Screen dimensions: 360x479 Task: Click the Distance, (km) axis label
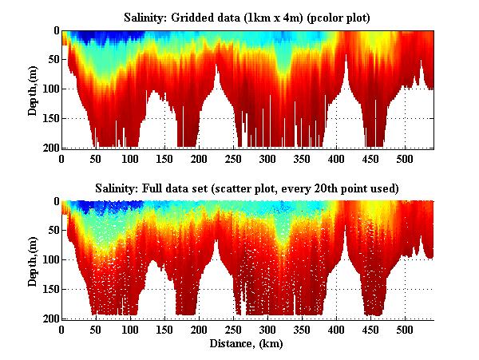(x=247, y=344)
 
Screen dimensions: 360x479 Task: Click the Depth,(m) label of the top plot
(x=34, y=89)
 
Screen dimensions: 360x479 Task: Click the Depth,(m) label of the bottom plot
(x=34, y=259)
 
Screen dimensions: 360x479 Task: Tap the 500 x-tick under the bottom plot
(x=404, y=328)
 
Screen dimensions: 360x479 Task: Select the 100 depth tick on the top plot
(x=51, y=89)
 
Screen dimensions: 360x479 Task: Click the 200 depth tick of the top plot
(x=51, y=148)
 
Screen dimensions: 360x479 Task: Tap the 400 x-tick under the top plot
(x=336, y=158)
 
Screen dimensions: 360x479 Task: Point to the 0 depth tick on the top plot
(x=56, y=31)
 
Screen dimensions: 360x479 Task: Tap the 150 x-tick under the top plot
(x=164, y=158)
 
